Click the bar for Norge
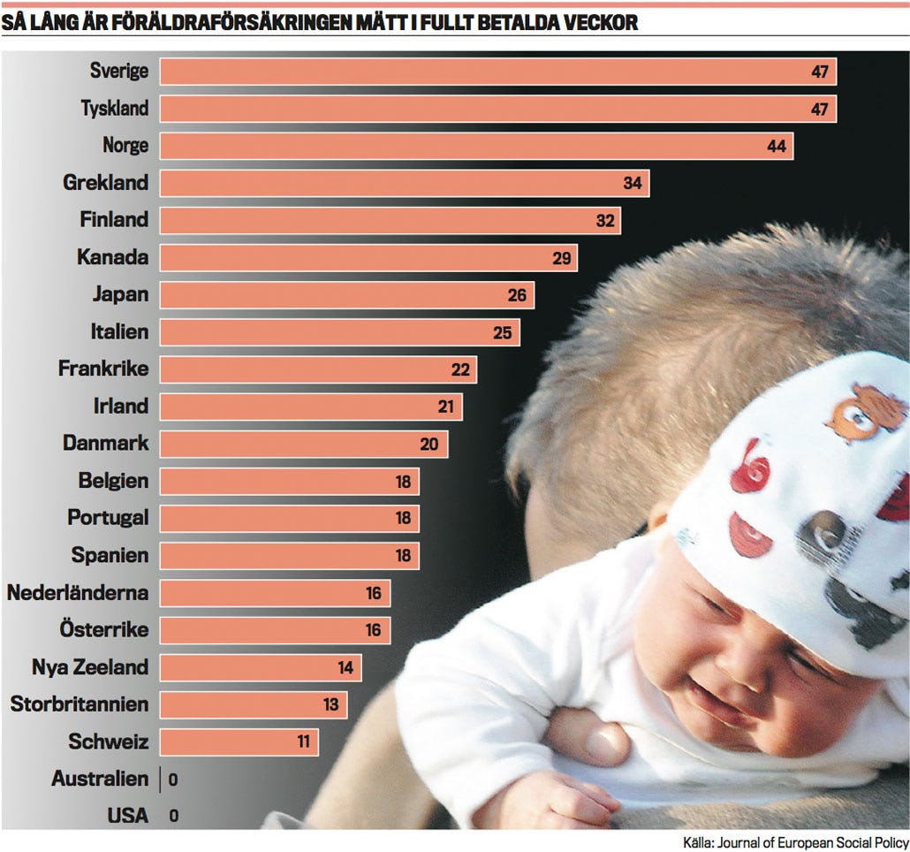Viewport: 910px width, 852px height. pyautogui.click(x=476, y=146)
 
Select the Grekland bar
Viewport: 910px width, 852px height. pyautogui.click(x=404, y=184)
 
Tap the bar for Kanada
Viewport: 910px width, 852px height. pyautogui.click(x=368, y=258)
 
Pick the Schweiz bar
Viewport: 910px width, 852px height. pyautogui.click(x=239, y=742)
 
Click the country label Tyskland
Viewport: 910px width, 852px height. pyautogui.click(x=115, y=109)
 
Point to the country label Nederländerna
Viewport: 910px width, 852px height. pyautogui.click(x=78, y=592)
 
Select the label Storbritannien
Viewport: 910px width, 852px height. pyautogui.click(x=80, y=704)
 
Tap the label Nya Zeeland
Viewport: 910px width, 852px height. pyautogui.click(x=90, y=666)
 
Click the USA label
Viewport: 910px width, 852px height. pyautogui.click(x=128, y=816)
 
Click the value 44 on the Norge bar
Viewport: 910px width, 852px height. pyautogui.click(x=777, y=147)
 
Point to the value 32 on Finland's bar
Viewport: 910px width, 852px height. pyautogui.click(x=604, y=221)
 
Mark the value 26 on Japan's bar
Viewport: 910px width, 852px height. pyautogui.click(x=517, y=295)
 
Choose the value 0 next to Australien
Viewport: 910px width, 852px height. pyautogui.click(x=173, y=780)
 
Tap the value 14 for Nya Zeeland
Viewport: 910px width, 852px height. pyautogui.click(x=345, y=668)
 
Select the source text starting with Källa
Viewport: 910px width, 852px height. pyautogui.click(x=795, y=841)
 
